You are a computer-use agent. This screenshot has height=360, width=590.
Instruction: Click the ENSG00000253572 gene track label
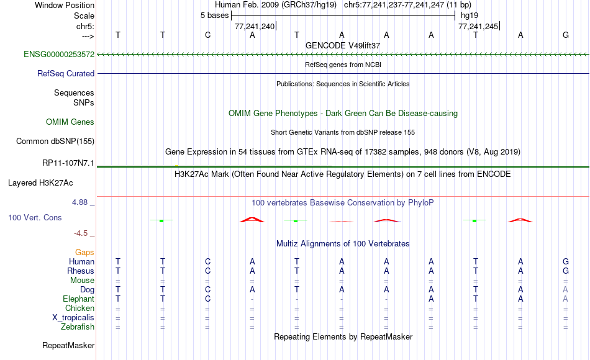pos(59,54)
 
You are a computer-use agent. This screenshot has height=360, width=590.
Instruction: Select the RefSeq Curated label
pos(66,73)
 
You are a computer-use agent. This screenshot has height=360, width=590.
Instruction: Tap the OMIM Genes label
pos(70,122)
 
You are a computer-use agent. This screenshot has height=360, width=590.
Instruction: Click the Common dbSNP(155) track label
pos(55,141)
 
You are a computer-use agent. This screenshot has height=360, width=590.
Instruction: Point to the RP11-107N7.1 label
pos(68,163)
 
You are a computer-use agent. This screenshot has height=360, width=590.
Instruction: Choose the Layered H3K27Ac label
pos(40,183)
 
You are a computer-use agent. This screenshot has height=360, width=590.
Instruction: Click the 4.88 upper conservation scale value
pos(79,202)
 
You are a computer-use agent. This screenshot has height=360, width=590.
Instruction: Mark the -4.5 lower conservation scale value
pos(81,233)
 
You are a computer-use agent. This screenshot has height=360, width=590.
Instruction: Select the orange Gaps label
pos(84,252)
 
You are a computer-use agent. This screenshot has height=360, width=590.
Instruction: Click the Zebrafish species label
pos(78,326)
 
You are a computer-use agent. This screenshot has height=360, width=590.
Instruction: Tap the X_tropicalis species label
pos(73,318)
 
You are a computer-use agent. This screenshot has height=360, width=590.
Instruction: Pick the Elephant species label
pos(79,299)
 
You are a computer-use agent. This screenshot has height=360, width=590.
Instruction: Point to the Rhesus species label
pos(81,271)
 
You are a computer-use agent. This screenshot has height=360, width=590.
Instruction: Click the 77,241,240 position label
pos(255,26)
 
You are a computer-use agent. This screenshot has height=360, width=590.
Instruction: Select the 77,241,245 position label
pos(478,26)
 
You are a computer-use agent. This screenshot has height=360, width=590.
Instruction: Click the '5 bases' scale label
pos(214,16)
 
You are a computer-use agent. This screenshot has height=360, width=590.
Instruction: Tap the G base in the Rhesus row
pos(566,271)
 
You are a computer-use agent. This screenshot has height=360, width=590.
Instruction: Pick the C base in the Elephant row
pos(207,299)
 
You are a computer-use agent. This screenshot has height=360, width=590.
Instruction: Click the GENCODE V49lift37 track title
pos(343,45)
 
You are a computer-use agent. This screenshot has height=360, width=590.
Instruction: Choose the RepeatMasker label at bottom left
pos(68,345)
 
